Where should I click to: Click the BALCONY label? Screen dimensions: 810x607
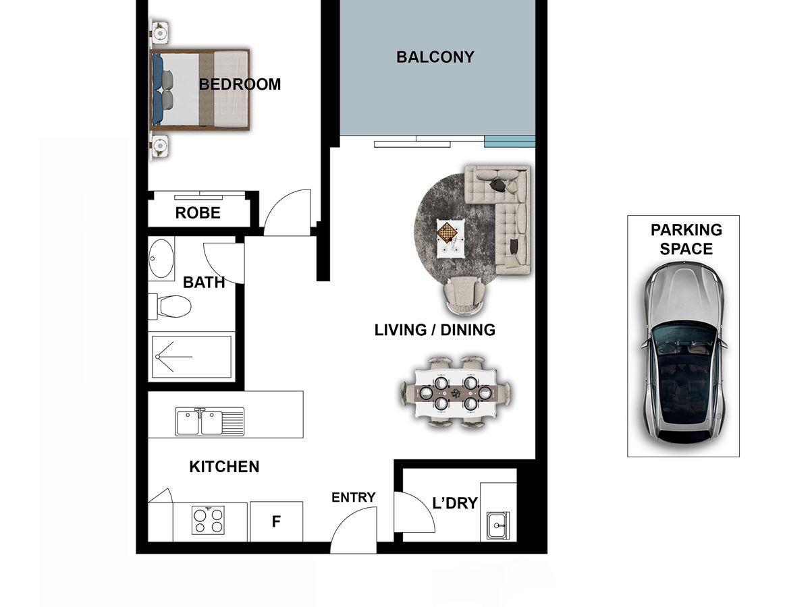[435, 57]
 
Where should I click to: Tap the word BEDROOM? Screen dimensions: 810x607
[240, 84]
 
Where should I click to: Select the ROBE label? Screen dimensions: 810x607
[198, 213]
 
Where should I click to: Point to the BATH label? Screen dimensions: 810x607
[204, 283]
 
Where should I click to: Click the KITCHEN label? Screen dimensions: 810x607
[224, 467]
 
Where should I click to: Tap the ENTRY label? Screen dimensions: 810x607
[354, 498]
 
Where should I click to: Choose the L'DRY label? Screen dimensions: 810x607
[455, 503]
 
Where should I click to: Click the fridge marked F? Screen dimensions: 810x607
[276, 521]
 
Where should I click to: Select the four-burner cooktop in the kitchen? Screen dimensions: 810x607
[208, 521]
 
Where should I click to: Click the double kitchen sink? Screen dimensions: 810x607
[210, 422]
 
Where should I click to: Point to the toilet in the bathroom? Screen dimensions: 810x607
[169, 307]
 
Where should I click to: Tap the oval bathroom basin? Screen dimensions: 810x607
[161, 258]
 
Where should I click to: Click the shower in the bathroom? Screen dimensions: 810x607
[192, 357]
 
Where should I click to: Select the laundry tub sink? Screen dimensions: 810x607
[498, 525]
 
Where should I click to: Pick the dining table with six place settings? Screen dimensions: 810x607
[456, 393]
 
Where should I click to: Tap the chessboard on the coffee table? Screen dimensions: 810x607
[448, 233]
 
